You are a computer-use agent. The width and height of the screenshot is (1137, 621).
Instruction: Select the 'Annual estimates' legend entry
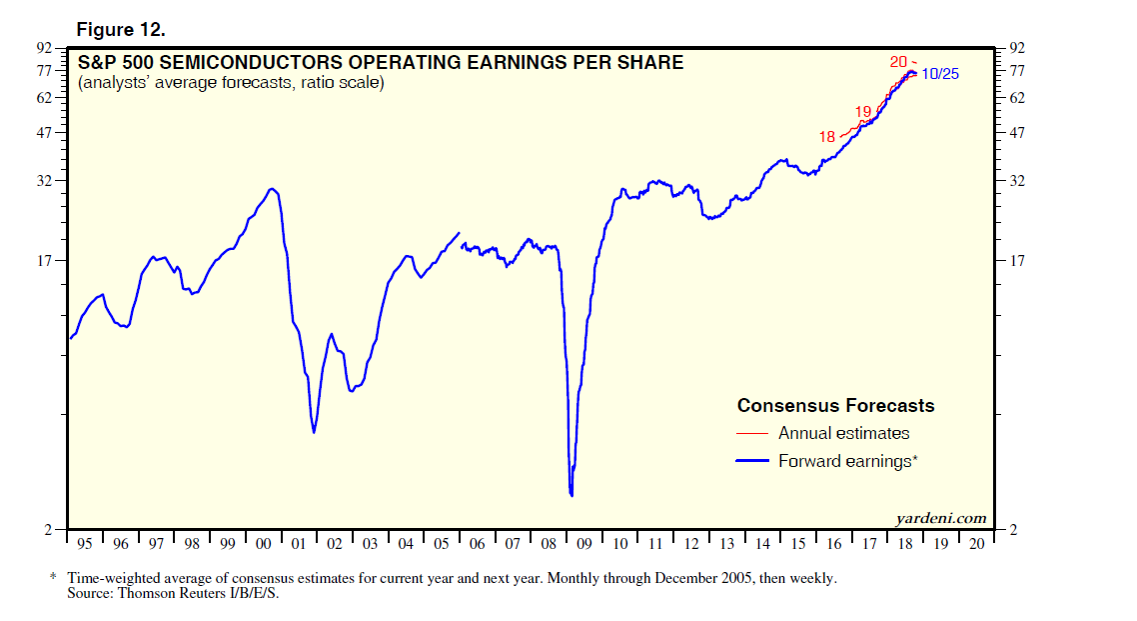click(x=843, y=433)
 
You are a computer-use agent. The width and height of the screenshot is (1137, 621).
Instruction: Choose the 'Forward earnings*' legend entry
click(x=848, y=461)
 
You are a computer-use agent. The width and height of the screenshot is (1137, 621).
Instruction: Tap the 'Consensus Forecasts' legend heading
click(x=835, y=405)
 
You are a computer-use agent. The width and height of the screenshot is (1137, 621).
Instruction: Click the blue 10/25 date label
click(x=939, y=74)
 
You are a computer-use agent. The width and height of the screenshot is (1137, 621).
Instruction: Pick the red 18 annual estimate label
click(x=826, y=137)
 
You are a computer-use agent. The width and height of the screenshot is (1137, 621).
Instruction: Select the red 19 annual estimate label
click(x=863, y=111)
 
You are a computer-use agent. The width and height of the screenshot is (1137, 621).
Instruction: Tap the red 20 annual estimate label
click(x=898, y=62)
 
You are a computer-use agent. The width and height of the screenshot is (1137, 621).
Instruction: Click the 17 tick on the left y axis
click(x=45, y=261)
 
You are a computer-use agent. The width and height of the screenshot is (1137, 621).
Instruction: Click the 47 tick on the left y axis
click(x=45, y=132)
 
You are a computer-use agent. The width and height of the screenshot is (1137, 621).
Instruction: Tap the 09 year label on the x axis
click(x=583, y=544)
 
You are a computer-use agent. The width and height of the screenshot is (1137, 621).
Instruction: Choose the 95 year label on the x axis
click(x=85, y=544)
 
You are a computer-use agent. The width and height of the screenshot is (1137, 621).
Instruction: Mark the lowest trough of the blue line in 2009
click(x=570, y=494)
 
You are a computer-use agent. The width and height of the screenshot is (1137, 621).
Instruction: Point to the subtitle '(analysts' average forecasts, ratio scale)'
click(x=231, y=83)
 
